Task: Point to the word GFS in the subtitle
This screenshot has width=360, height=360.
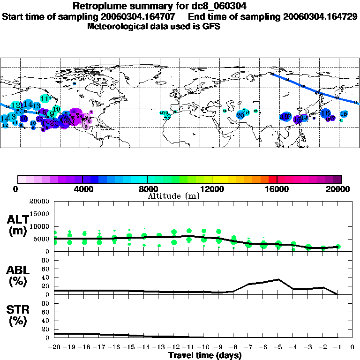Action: click(211, 26)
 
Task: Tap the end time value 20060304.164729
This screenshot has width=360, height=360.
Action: click(321, 16)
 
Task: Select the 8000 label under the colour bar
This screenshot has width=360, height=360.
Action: click(147, 189)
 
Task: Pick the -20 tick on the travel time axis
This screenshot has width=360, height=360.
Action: click(55, 347)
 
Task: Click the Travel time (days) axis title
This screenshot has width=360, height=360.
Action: click(205, 355)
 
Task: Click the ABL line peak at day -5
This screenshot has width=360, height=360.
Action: click(278, 279)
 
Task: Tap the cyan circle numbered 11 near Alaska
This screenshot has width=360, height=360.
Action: click(45, 98)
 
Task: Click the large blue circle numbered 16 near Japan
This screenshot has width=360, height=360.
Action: click(325, 113)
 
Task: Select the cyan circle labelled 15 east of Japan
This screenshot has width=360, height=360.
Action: click(344, 114)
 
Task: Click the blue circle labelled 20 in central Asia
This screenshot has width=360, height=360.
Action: click(240, 115)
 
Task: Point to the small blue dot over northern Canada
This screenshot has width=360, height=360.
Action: click(75, 84)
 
